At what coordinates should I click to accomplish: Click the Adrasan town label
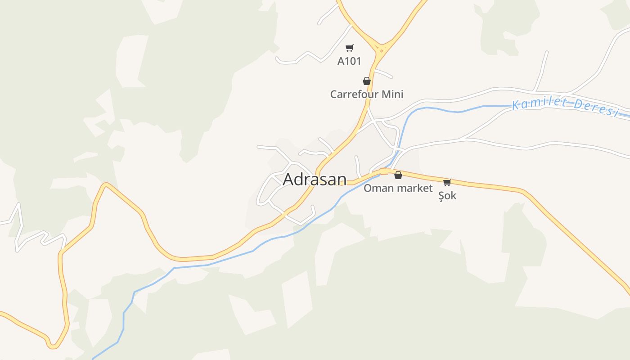pos(315,179)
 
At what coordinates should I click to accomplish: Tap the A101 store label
pos(349,61)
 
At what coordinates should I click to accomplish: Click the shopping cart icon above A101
pos(350,48)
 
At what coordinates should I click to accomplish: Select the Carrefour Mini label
pos(367,94)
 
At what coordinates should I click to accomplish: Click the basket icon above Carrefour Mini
pos(367,81)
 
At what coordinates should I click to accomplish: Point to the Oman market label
pos(398,188)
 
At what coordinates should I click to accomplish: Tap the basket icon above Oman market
pos(398,175)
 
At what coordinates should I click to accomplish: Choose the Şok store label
pos(447,196)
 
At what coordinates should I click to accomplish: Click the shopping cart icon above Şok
pos(447,182)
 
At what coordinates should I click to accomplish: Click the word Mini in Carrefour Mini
pos(392,94)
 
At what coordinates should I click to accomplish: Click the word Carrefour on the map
pos(355,94)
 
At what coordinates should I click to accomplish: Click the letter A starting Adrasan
pos(288,179)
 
